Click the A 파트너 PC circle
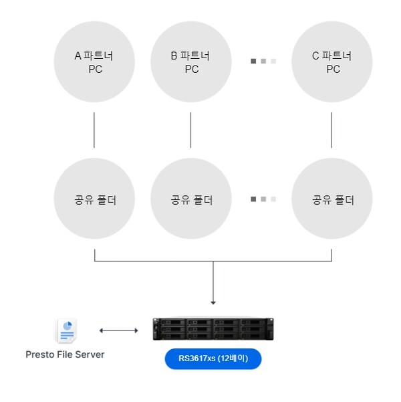click(94, 62)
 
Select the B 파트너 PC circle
click(191, 62)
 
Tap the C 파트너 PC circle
click(332, 62)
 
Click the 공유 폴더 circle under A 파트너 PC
click(94, 199)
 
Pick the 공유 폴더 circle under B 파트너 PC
click(191, 199)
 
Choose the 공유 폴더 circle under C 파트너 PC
click(332, 199)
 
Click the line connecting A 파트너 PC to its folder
click(94, 130)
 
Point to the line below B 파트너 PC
click(191, 130)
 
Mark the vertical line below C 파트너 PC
click(332, 130)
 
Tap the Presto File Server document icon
click(65, 330)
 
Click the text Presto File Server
click(65, 355)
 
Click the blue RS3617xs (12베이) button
click(213, 359)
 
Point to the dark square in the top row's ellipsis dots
click(254, 62)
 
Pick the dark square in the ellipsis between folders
click(254, 199)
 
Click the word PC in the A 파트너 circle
click(95, 69)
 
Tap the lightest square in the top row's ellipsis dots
click(273, 62)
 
